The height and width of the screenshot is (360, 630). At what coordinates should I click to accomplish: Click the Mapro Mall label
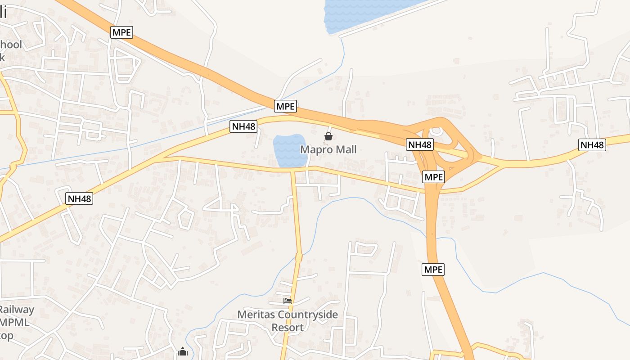328,149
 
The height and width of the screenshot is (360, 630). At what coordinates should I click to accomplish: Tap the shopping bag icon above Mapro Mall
328,136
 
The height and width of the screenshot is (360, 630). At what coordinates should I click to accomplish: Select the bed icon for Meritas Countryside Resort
288,301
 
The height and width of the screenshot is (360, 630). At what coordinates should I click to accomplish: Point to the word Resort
288,327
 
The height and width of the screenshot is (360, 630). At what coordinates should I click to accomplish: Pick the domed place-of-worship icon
182,351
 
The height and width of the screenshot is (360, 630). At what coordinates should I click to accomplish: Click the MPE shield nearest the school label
122,32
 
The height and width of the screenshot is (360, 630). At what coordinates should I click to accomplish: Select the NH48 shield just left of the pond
243,126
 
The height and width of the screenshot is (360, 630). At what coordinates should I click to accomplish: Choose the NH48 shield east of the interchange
592,145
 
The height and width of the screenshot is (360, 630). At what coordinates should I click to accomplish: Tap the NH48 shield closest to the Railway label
79,198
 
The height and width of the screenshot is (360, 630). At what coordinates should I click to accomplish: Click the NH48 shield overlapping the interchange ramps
419,144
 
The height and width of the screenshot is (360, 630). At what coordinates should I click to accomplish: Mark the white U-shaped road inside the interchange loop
436,131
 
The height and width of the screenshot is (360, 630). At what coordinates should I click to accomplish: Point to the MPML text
15,323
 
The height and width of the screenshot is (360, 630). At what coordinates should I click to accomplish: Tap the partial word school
11,45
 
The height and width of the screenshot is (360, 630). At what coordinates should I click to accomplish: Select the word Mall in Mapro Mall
345,149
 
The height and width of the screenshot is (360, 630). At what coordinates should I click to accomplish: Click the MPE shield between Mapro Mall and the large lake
285,107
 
